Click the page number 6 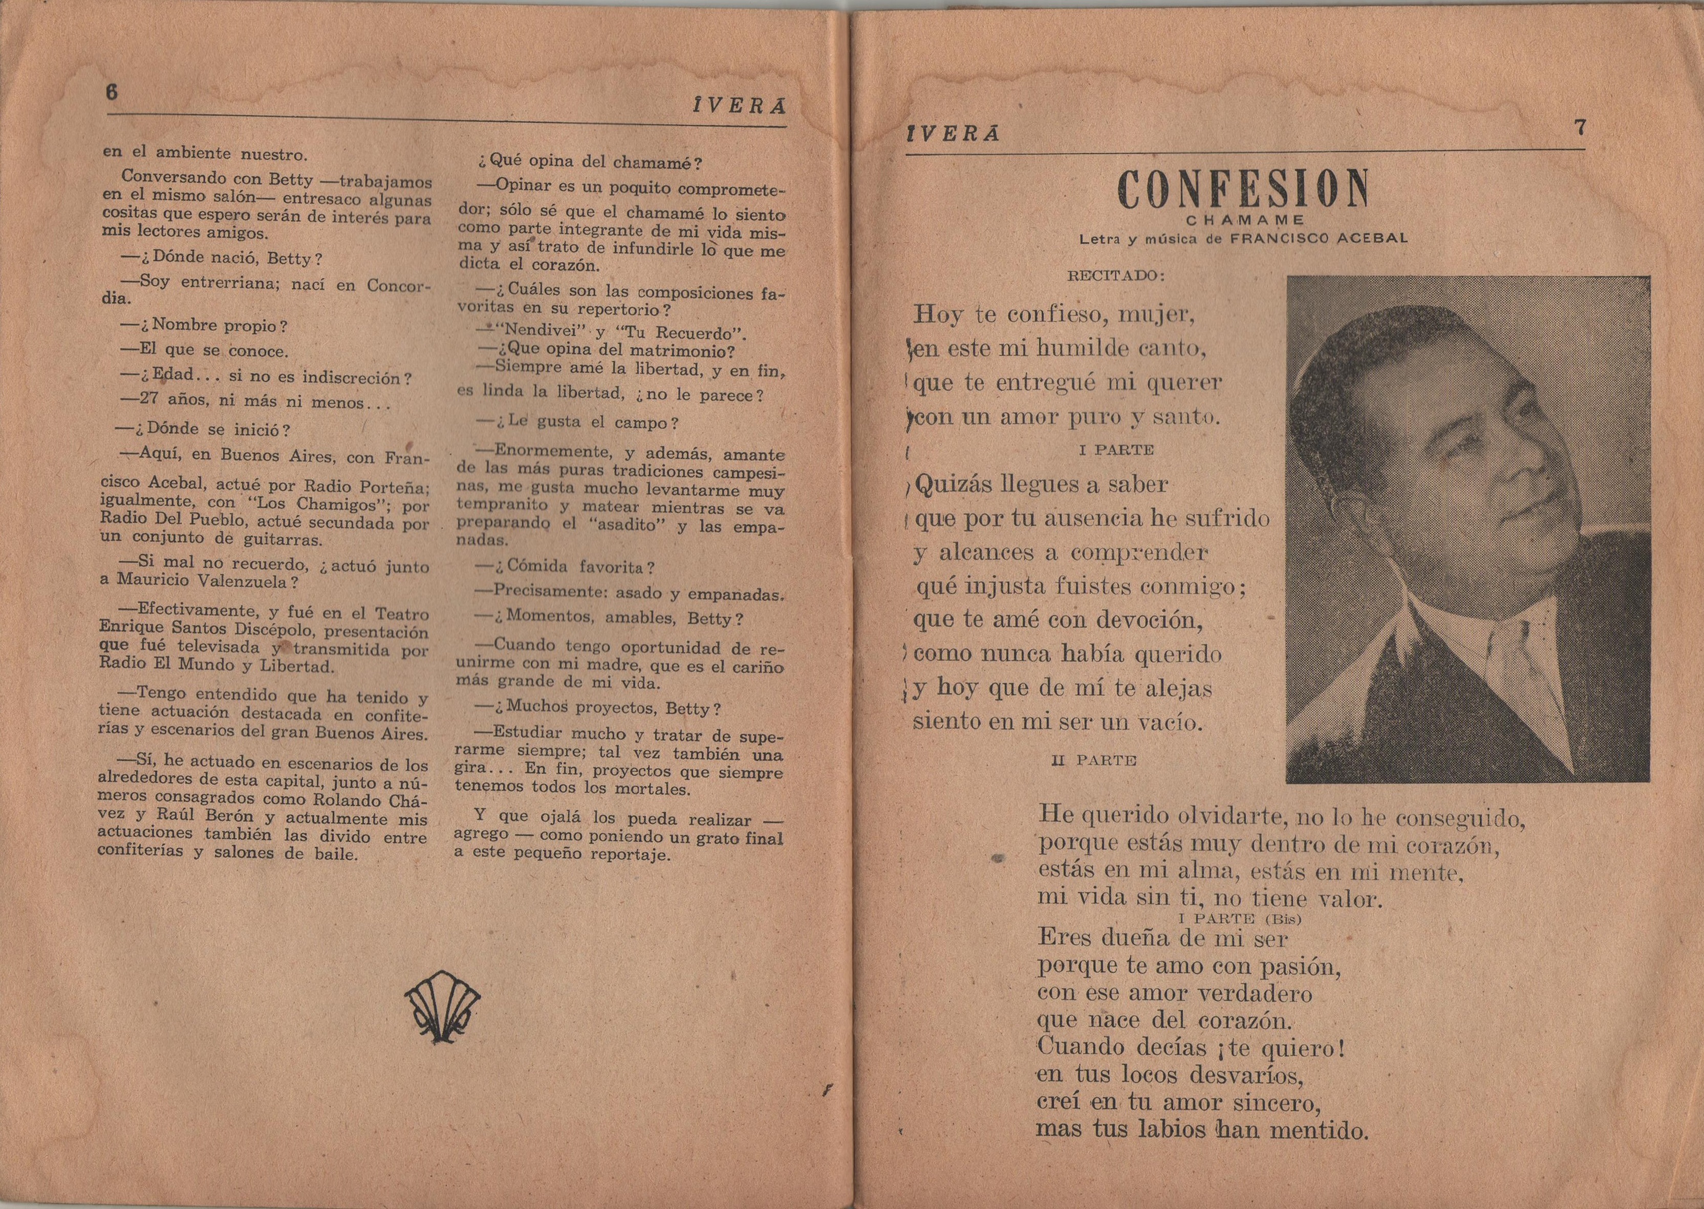(113, 92)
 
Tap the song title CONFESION (1243, 190)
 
